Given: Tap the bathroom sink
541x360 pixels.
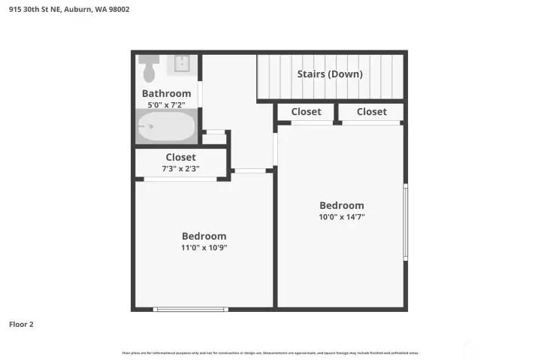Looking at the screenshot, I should [181, 65].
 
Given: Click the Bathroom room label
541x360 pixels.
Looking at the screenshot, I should [166, 93].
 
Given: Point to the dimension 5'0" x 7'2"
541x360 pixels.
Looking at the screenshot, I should [166, 104].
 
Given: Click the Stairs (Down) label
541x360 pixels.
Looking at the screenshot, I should [330, 74].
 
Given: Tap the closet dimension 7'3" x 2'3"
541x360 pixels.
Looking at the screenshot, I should [180, 168].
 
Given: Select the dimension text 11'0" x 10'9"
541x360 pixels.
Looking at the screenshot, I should [204, 247].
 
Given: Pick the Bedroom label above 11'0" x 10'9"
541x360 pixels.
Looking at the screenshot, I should [204, 236].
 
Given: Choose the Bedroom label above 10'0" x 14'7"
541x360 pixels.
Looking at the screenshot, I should [341, 205].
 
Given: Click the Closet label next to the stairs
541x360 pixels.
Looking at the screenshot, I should [306, 111].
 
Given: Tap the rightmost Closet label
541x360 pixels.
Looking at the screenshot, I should [371, 111].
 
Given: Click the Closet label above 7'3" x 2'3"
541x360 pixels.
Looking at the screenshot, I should [180, 157].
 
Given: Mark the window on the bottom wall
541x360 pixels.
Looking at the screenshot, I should [190, 309].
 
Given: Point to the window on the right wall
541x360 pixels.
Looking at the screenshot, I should [406, 222].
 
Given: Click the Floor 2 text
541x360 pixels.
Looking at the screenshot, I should [21, 325].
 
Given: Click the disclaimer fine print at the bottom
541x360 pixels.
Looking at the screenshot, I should [270, 352].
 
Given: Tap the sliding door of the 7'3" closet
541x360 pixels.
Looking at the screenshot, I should [180, 179].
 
